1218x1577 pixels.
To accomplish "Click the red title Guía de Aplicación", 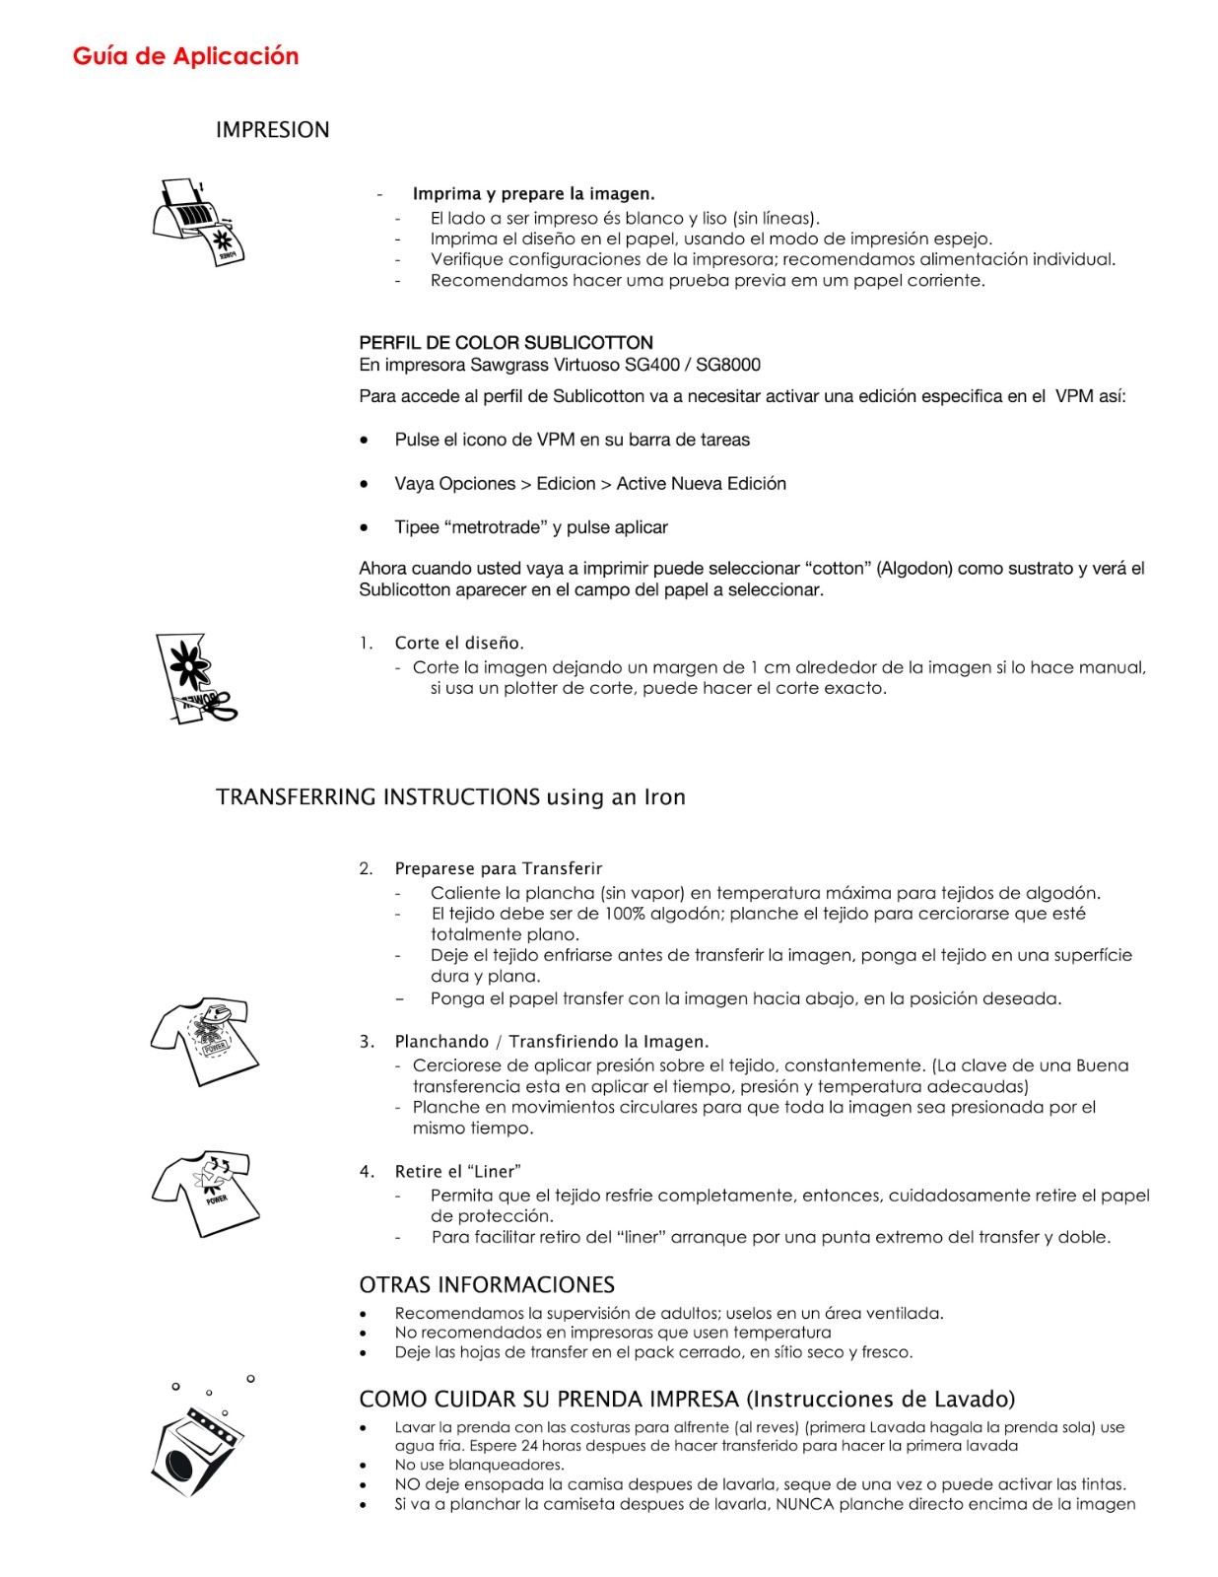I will (x=185, y=56).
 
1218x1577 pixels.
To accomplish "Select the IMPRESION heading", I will (x=272, y=130).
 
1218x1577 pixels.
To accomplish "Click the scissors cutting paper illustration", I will (x=193, y=679).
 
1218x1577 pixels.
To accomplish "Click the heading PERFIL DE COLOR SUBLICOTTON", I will (x=506, y=343).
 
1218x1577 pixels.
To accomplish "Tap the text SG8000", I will (x=728, y=365).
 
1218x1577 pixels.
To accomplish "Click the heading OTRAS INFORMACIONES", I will (x=487, y=1284).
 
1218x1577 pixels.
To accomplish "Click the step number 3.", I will (x=366, y=1042).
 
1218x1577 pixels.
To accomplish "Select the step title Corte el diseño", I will (x=459, y=644).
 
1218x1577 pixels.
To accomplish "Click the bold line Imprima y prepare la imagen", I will (x=533, y=194).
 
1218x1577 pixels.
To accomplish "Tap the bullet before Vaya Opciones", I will (x=365, y=484).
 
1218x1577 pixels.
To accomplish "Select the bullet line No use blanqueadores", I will (x=479, y=1465).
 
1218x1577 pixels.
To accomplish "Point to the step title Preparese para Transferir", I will (x=498, y=868).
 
